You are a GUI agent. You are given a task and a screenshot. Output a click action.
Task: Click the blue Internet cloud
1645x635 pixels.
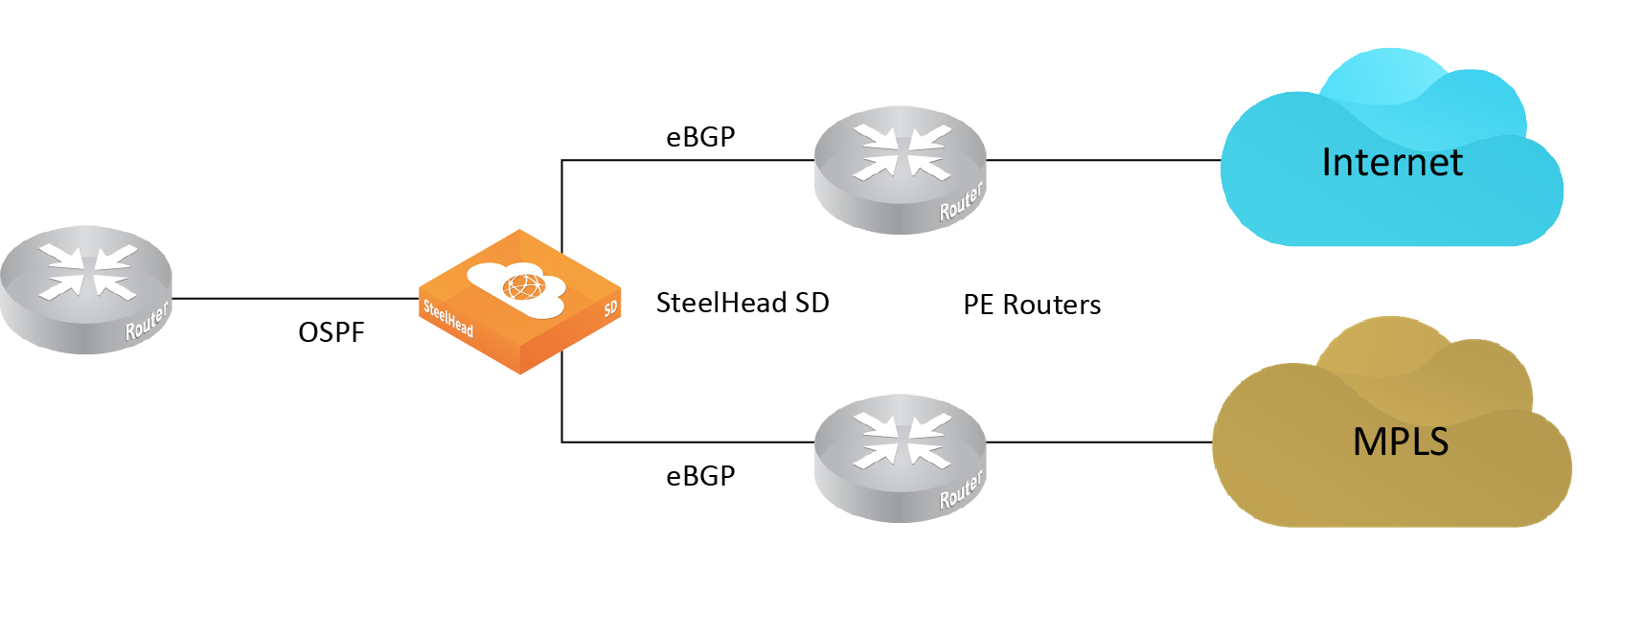pyautogui.click(x=1389, y=206)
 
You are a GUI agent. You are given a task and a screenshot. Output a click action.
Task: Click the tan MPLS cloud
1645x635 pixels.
pyautogui.click(x=1389, y=488)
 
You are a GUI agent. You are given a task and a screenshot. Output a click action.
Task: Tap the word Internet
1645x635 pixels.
pyautogui.click(x=1391, y=163)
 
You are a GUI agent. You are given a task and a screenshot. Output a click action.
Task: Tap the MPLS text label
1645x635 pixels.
pyautogui.click(x=1400, y=442)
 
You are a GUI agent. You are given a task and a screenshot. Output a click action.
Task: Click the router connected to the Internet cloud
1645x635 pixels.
pyautogui.click(x=900, y=170)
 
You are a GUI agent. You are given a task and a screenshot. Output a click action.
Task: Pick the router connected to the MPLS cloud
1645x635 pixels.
pyautogui.click(x=900, y=458)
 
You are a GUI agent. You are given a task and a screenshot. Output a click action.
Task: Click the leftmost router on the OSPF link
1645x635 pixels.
pyautogui.click(x=85, y=289)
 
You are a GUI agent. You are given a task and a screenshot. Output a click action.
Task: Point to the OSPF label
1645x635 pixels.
pyautogui.click(x=331, y=332)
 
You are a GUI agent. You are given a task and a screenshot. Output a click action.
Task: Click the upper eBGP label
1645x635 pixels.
pyautogui.click(x=700, y=137)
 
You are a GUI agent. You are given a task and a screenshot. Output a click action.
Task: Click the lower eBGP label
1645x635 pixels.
pyautogui.click(x=700, y=476)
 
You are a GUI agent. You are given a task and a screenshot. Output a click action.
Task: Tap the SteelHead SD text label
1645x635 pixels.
pyautogui.click(x=743, y=303)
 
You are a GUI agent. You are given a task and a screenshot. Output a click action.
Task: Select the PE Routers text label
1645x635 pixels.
pyautogui.click(x=1032, y=305)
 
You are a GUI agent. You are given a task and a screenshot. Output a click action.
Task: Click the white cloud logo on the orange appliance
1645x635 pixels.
pyautogui.click(x=516, y=286)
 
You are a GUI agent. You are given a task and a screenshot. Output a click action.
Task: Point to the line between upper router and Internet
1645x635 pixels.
pyautogui.click(x=1102, y=160)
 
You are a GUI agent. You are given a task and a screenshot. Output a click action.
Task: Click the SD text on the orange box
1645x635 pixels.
pyautogui.click(x=610, y=307)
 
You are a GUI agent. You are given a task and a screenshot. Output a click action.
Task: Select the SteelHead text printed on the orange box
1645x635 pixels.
pyautogui.click(x=448, y=318)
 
